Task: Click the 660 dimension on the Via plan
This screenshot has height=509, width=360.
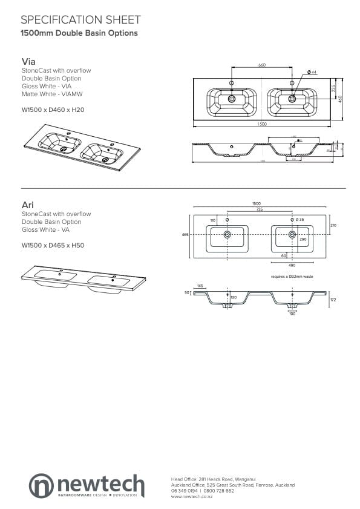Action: click(x=261, y=65)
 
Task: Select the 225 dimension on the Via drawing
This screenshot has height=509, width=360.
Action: click(x=333, y=88)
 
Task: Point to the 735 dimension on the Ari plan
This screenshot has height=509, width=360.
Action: click(x=259, y=209)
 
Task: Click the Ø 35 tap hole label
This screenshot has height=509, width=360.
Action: click(x=299, y=218)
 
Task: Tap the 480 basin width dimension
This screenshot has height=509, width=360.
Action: click(x=292, y=264)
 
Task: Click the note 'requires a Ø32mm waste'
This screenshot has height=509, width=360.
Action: click(x=292, y=276)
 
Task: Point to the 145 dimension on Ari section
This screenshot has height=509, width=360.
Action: click(x=200, y=286)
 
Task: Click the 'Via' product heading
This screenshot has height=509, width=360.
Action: click(x=28, y=62)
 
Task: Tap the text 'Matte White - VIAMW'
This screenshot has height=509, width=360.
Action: click(x=52, y=94)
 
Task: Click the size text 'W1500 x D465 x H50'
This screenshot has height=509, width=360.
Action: click(x=53, y=245)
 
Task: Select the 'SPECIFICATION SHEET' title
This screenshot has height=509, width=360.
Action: click(x=80, y=20)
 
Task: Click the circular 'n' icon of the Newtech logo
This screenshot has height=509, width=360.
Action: click(x=42, y=485)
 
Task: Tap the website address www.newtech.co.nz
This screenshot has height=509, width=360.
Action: click(x=192, y=496)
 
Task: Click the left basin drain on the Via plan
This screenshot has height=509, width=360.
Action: click(x=231, y=98)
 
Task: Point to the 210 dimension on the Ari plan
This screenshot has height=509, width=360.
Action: click(x=333, y=225)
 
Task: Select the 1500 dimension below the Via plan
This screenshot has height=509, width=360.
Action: click(x=261, y=124)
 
